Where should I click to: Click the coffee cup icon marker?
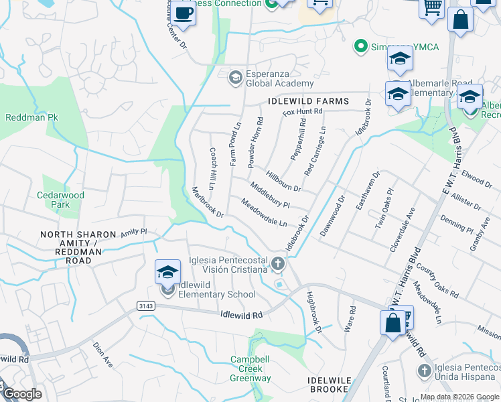click(x=183, y=13)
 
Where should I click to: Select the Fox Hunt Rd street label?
click(x=303, y=113)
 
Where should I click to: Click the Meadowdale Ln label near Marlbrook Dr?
click(x=264, y=214)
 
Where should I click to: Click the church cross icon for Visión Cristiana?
click(x=279, y=265)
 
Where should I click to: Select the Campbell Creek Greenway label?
click(x=251, y=368)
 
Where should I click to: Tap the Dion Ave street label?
click(x=102, y=355)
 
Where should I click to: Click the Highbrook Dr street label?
click(x=314, y=312)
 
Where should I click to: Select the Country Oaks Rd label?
click(x=437, y=281)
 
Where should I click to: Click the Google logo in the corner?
click(x=23, y=395)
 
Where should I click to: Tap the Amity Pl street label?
click(x=133, y=232)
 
